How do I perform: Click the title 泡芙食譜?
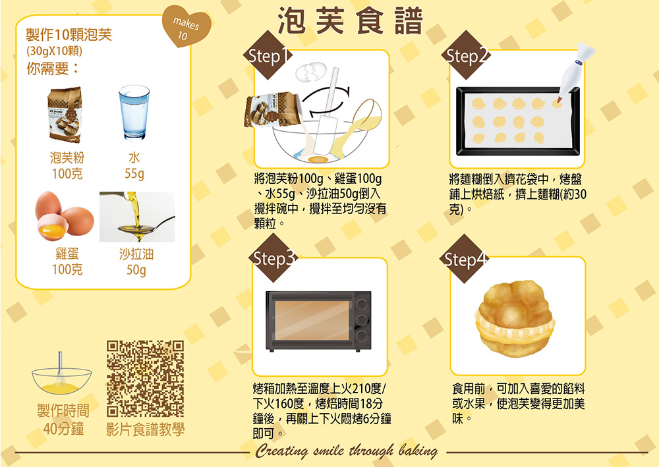tap(350, 20)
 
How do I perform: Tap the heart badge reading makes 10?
tap(185, 28)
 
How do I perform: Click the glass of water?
tap(134, 113)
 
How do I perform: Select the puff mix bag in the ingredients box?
tap(65, 115)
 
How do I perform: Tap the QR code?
tap(145, 378)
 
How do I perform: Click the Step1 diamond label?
tap(268, 55)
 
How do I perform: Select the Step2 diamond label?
tap(466, 55)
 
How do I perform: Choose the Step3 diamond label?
tap(273, 258)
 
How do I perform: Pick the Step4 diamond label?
tap(465, 259)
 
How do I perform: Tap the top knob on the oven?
tap(361, 304)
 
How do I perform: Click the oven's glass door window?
tap(312, 320)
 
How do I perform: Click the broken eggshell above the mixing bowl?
tap(311, 72)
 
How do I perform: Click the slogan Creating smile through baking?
tap(347, 451)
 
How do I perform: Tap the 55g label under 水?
tap(134, 173)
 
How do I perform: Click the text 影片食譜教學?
tap(145, 429)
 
